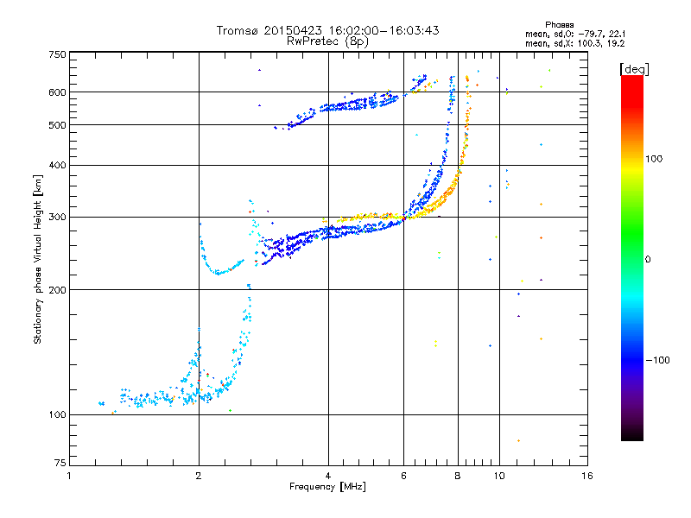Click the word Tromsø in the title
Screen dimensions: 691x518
[x=238, y=30]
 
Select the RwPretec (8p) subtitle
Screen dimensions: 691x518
[x=327, y=41]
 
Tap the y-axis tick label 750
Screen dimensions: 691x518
[x=57, y=54]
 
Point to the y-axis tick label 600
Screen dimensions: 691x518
[x=57, y=92]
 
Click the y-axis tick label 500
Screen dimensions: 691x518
[x=57, y=125]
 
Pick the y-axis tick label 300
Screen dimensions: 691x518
[x=57, y=218]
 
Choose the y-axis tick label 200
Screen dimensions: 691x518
[x=57, y=290]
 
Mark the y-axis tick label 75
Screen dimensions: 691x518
[x=60, y=463]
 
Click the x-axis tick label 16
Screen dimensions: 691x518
[x=587, y=476]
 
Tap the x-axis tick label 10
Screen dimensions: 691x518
[x=499, y=476]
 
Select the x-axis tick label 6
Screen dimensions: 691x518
[x=403, y=476]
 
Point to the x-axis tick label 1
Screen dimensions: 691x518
[x=69, y=476]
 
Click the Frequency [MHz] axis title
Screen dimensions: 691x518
[x=327, y=487]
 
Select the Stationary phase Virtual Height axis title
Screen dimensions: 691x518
[x=37, y=259]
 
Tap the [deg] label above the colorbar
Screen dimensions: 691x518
[x=634, y=69]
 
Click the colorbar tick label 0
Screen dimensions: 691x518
[x=648, y=259]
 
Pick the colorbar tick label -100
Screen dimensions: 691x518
[x=657, y=360]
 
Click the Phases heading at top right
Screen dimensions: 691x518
[x=560, y=25]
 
